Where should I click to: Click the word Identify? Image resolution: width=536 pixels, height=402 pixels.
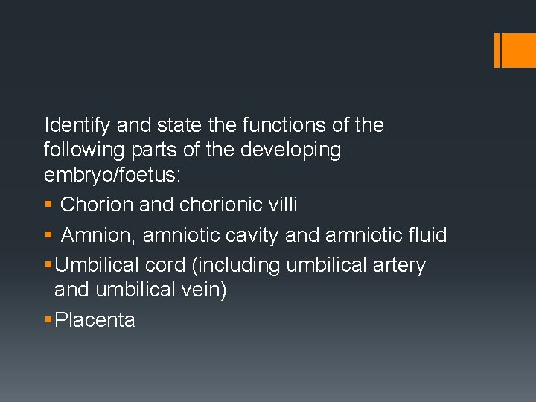coord(76,125)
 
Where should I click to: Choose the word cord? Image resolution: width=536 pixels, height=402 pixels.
coord(169,265)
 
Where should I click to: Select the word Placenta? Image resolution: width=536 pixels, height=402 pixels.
coord(95,320)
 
